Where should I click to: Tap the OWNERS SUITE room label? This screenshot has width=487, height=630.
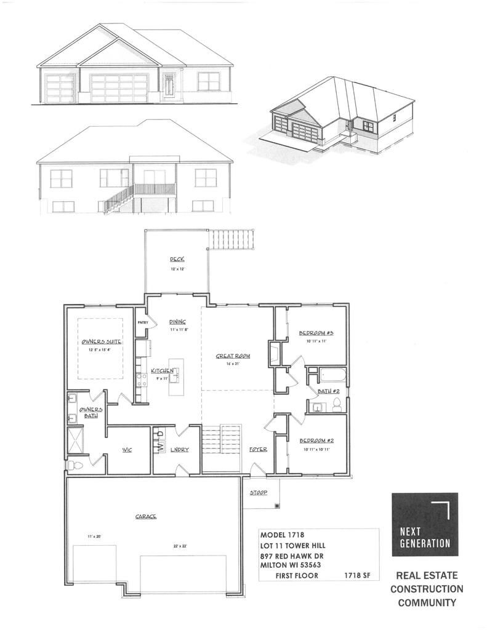(100, 341)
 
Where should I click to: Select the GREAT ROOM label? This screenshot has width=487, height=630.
(231, 356)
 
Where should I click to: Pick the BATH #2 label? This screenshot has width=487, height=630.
(326, 391)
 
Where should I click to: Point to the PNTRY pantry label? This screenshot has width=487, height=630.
(142, 322)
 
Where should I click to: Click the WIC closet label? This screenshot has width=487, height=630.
(128, 450)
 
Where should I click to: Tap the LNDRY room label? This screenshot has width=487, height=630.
(180, 450)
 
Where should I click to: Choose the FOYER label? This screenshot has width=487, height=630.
(258, 450)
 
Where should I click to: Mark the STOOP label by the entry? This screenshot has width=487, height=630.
(258, 493)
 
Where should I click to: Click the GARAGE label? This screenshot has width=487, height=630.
(145, 517)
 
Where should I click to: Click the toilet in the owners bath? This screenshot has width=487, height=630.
(72, 465)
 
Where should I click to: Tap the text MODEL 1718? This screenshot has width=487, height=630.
(282, 535)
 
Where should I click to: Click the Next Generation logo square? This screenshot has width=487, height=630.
(425, 524)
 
